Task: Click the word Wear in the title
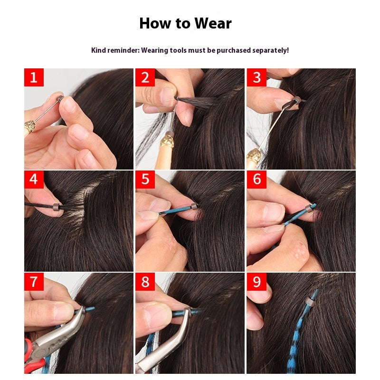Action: [213, 23]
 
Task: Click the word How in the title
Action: [155, 23]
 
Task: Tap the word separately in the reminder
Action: [270, 50]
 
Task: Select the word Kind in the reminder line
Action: [99, 50]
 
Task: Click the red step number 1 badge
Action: [34, 77]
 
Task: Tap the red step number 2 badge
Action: [145, 77]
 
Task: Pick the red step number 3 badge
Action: [256, 77]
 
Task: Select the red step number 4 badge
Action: [34, 180]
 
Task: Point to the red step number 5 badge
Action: [145, 180]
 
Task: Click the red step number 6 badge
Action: [256, 180]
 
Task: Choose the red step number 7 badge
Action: [34, 282]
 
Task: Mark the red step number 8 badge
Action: [145, 282]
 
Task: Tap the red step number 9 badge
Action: [256, 282]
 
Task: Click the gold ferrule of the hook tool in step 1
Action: [29, 126]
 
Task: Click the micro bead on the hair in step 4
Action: [57, 207]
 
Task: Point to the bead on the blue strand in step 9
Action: [309, 302]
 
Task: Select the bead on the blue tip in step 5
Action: [194, 207]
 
